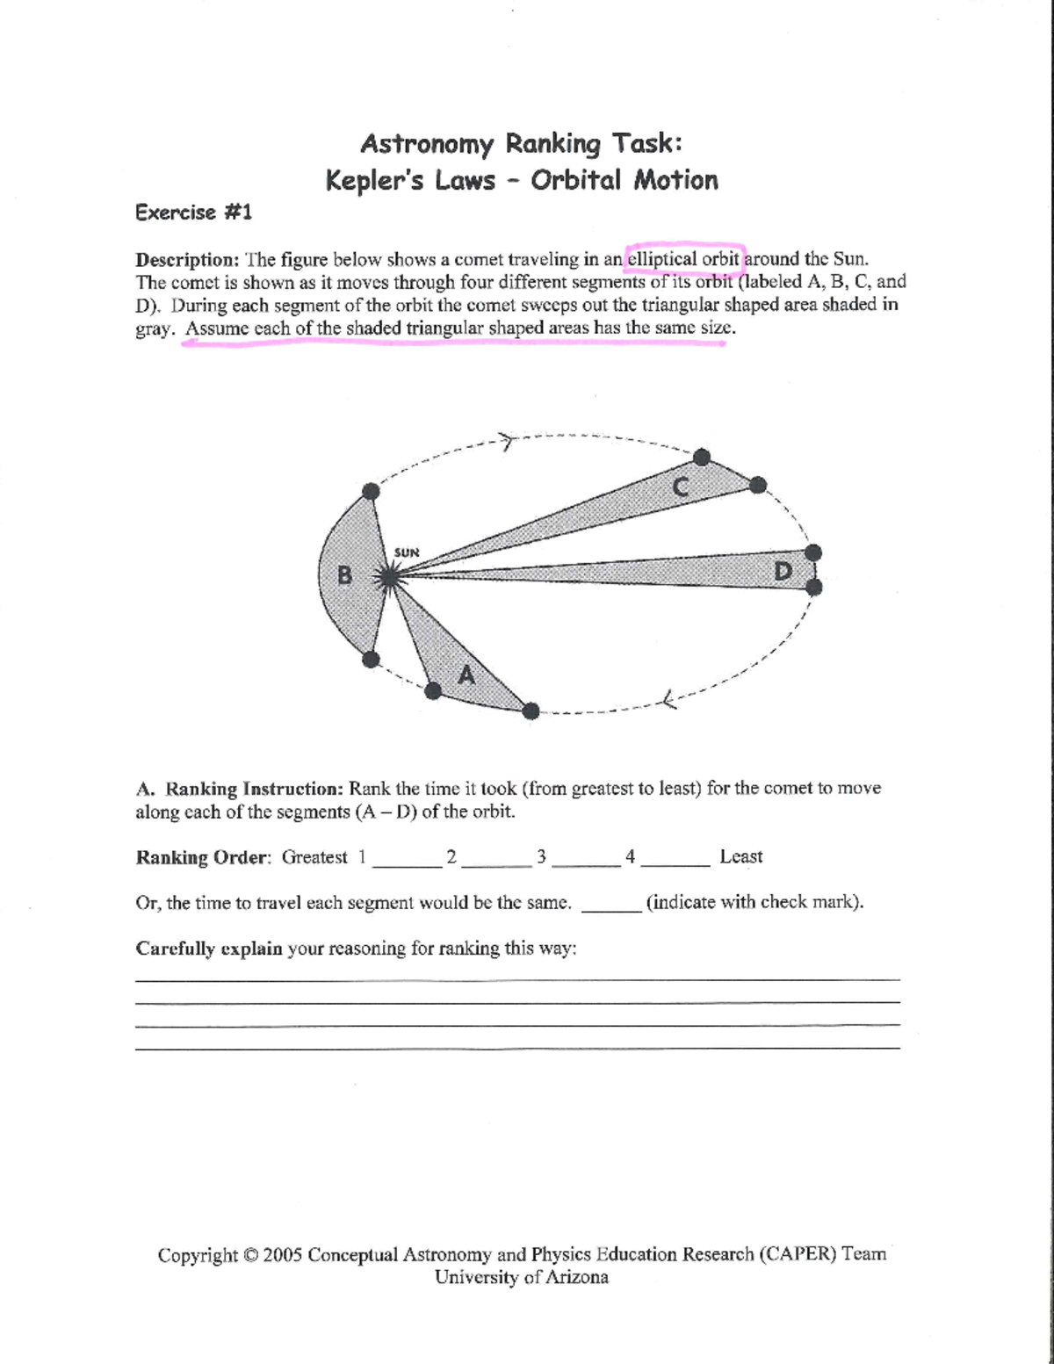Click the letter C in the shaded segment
[x=681, y=486]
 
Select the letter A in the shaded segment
[x=466, y=675]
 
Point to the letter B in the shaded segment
[x=345, y=576]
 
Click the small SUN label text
[x=407, y=552]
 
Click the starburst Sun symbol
[x=387, y=576]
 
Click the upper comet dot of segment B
[x=372, y=492]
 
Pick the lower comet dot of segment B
[x=371, y=659]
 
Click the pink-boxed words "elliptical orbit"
[x=684, y=259]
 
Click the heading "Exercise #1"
[x=193, y=213]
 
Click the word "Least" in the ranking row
[x=740, y=856]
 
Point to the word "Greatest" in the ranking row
[x=314, y=857]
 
